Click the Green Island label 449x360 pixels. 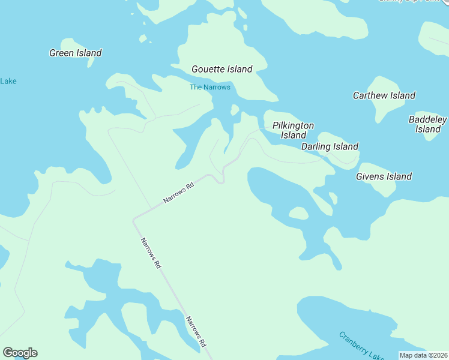[75, 53]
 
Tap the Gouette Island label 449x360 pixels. [221, 69]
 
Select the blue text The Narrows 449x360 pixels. [209, 87]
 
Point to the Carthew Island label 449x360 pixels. [384, 95]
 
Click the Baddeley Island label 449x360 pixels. [427, 124]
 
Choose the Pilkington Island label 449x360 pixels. [293, 130]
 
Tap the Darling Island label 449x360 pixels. [330, 146]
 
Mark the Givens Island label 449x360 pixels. [384, 176]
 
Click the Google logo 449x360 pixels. [20, 353]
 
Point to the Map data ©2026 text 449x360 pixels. [424, 355]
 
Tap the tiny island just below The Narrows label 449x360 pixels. [235, 109]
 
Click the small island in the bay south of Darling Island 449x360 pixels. [298, 213]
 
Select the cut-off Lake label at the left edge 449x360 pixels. [8, 81]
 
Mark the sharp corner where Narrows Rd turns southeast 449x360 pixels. [134, 220]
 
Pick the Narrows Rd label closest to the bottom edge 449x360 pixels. [196, 332]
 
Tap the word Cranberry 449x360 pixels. [352, 341]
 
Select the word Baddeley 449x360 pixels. [427, 119]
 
